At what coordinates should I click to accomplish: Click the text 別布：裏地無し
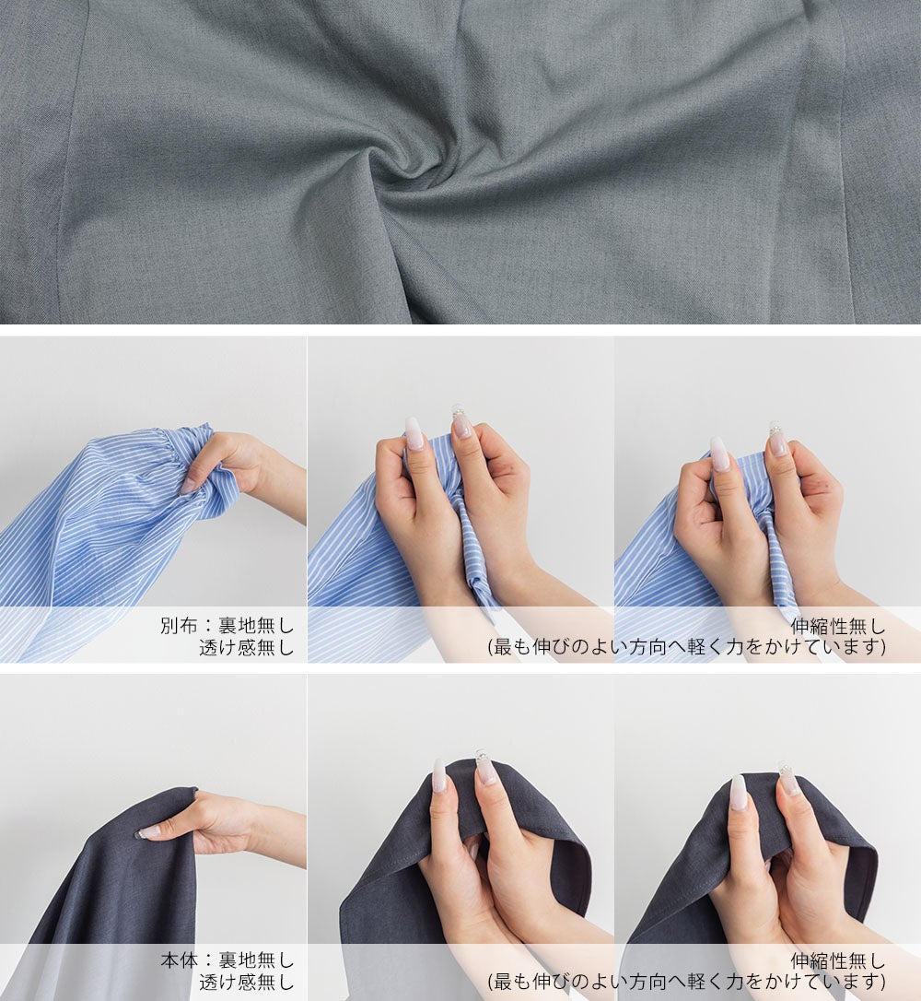[227, 625]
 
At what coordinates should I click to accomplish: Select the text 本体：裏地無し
[227, 960]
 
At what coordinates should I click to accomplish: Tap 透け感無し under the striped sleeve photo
[246, 647]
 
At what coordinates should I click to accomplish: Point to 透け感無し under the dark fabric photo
[246, 983]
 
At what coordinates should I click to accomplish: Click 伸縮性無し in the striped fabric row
[837, 625]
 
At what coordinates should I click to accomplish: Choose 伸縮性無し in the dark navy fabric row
[837, 960]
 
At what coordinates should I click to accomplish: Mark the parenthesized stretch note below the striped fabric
[687, 647]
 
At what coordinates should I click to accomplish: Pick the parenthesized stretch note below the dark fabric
[687, 983]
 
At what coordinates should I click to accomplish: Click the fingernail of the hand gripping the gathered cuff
[189, 487]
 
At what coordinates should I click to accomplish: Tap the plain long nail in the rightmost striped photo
[719, 453]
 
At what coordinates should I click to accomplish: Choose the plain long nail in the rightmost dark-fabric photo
[738, 793]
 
